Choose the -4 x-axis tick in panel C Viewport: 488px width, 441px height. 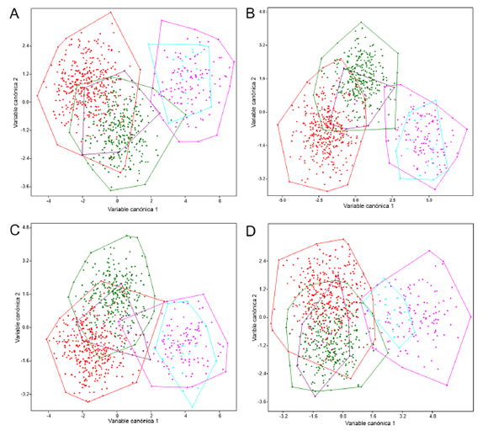(50, 416)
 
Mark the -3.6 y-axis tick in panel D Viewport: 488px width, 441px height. (263, 401)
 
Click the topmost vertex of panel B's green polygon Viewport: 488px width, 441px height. (360, 23)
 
